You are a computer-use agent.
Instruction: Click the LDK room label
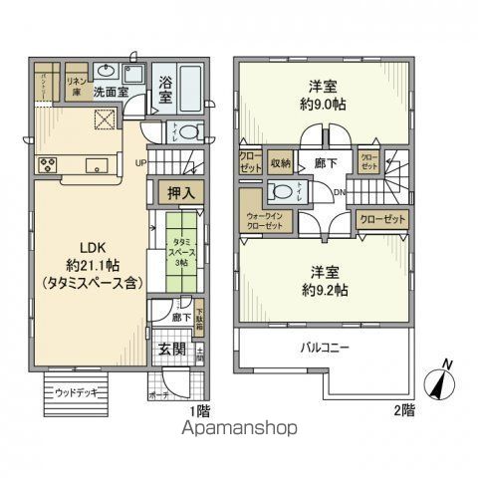tap(86, 246)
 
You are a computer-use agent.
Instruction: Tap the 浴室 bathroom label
tap(165, 93)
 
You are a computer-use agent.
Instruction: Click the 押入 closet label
tap(179, 192)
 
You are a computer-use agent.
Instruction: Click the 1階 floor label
tap(199, 411)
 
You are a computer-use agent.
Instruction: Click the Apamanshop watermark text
tap(238, 429)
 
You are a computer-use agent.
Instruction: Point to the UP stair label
tap(140, 163)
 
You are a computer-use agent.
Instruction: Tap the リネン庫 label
tap(76, 83)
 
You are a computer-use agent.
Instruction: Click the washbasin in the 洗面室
tap(107, 71)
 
